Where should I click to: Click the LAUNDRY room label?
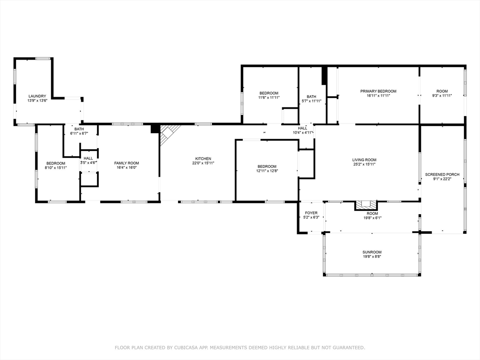(37, 96)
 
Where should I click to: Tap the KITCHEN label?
(203, 158)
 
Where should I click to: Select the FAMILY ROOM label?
(127, 163)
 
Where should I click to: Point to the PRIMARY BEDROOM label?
(378, 91)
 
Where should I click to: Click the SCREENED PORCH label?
(442, 174)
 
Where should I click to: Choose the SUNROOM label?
(372, 252)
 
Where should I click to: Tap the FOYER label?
(311, 213)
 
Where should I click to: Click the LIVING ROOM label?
(364, 160)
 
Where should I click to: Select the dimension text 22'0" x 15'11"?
(203, 163)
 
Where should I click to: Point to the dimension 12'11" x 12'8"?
(267, 171)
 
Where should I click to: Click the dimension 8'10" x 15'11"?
(55, 168)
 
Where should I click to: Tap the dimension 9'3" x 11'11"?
(442, 96)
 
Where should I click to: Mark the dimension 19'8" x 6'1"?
(372, 217)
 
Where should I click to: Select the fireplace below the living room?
(365, 205)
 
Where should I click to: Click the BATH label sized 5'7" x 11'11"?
(311, 97)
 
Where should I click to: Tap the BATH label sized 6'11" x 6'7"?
(79, 129)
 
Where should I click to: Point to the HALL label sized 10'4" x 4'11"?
(302, 128)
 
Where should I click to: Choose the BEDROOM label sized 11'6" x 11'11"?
(269, 93)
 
